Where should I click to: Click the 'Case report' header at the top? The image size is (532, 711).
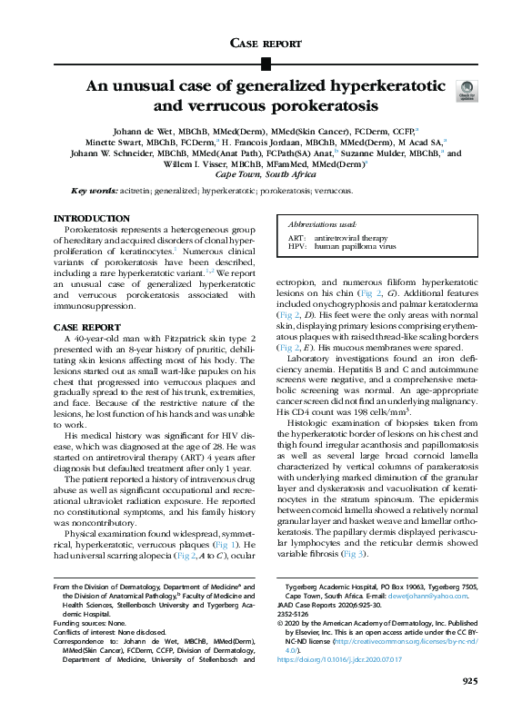coord(266,43)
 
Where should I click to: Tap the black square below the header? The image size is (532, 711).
coord(266,64)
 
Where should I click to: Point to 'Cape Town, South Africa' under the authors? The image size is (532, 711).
coord(266,173)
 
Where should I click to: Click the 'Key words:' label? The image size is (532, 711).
coord(93,192)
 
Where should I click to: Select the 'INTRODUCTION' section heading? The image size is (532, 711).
coord(91,219)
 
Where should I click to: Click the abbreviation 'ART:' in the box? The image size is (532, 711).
coord(296,236)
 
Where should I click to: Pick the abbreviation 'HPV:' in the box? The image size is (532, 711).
coord(296,245)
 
